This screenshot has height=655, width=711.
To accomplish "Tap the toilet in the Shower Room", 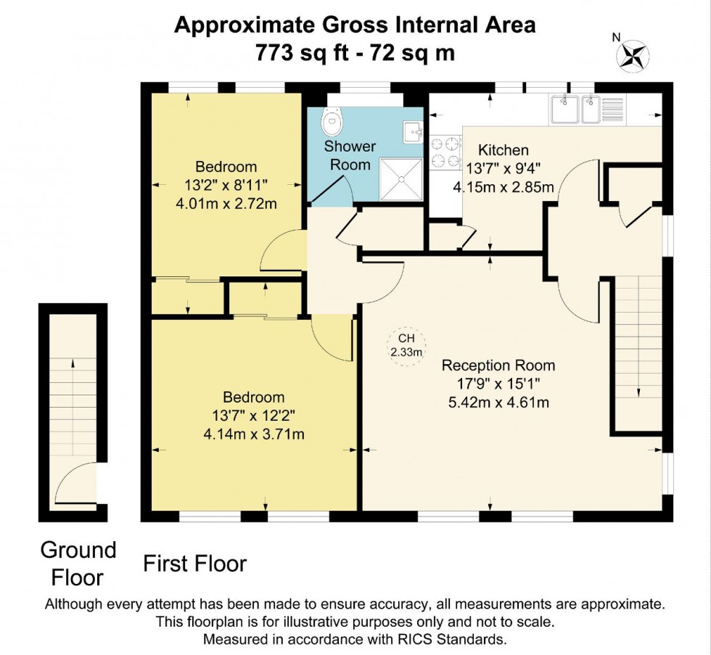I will pos(333,123).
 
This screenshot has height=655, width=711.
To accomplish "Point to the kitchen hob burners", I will pos(445,152).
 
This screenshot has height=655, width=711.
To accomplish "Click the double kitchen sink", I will pos(576,110).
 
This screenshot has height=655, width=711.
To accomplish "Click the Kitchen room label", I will pos(503,150).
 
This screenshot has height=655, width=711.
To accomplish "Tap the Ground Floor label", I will pos(78,563).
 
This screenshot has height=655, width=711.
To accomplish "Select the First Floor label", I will pos(194,563).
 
